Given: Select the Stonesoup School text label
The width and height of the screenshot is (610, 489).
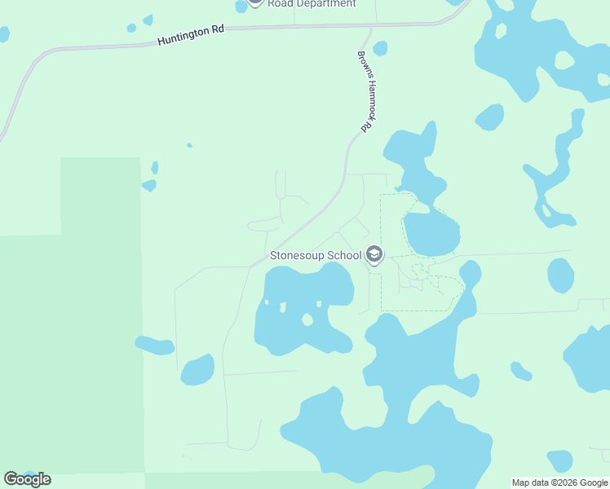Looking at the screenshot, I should (315, 256).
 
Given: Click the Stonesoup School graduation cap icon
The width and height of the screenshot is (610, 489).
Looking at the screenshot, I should (374, 256).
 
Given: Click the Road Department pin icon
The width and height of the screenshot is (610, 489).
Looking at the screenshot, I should (255, 2).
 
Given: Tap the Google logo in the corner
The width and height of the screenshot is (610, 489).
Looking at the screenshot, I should (27, 479).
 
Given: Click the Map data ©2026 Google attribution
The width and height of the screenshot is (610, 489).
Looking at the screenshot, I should (560, 482).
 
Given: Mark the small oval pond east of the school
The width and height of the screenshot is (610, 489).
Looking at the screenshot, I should (560, 275).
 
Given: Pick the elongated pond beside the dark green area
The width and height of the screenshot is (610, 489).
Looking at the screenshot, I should (155, 346).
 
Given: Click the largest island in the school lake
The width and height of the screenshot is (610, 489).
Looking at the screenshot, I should (307, 319).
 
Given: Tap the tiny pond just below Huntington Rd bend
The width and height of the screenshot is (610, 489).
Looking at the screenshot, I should (380, 48).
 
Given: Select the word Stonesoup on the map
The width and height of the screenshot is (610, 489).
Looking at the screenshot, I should (298, 256).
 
